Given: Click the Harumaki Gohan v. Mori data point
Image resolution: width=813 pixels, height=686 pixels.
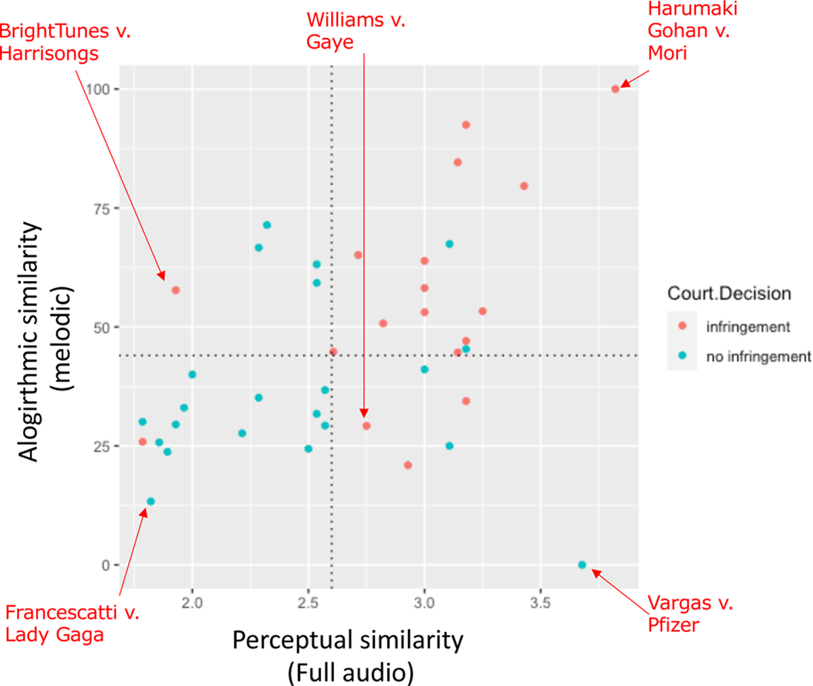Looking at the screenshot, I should (615, 89).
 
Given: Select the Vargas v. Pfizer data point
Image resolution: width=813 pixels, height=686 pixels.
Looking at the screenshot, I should (582, 565).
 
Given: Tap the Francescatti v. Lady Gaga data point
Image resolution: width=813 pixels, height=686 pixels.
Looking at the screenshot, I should (150, 502).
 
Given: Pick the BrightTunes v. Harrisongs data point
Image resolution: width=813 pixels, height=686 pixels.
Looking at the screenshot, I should (175, 290).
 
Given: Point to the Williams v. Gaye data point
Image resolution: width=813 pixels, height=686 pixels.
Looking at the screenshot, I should (367, 426).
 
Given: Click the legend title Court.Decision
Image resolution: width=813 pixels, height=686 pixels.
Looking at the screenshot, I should (729, 293).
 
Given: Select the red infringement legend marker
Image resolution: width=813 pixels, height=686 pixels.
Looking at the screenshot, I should (683, 326).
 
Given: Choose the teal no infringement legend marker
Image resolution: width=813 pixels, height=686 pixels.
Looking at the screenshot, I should (683, 356).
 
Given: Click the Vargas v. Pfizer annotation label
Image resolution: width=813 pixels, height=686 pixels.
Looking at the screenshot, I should (690, 613).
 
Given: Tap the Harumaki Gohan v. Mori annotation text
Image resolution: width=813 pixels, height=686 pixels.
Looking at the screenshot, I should (692, 30).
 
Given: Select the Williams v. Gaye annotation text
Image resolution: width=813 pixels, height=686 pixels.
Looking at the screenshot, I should (355, 30).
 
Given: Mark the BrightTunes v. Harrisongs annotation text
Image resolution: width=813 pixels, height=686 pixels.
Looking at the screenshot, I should (65, 41).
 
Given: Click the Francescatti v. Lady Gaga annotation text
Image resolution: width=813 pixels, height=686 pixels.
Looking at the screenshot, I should (71, 624).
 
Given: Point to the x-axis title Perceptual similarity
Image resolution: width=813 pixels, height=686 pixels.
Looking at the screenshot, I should (348, 640).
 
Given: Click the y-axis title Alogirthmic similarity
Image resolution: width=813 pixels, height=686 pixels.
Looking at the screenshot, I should (30, 342).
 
